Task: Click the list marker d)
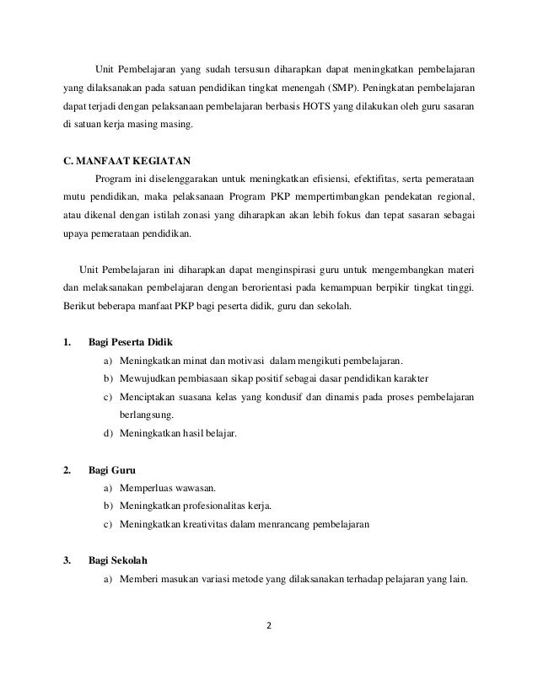[x=109, y=434]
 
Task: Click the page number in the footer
[x=270, y=626]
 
